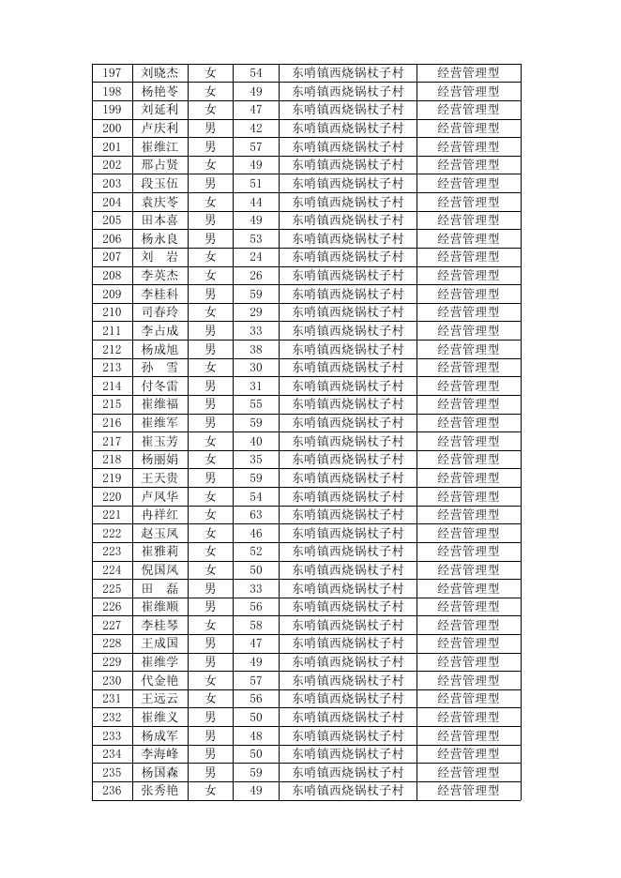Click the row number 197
point(112,72)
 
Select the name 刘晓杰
point(159,72)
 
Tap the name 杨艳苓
point(159,91)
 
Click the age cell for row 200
point(255,128)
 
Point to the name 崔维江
point(159,146)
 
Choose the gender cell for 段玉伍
point(210,183)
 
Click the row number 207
point(112,256)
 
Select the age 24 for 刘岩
point(255,256)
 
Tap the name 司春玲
point(159,311)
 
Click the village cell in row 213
point(347,367)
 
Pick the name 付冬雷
point(159,386)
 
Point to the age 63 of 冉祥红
point(255,514)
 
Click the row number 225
point(112,588)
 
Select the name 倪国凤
point(159,569)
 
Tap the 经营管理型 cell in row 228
point(468,643)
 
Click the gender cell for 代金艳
point(210,680)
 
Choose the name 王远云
point(159,699)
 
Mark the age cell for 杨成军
point(255,735)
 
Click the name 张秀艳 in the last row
point(159,791)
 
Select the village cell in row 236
point(347,791)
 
